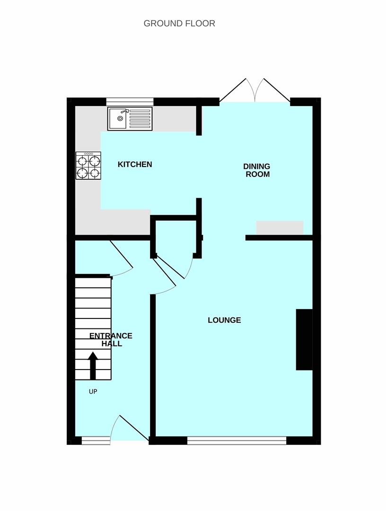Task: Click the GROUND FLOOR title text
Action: point(179,24)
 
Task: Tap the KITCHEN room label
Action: point(135,164)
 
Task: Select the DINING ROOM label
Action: point(257,170)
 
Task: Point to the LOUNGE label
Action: point(224,320)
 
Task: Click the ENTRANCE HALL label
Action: point(111,340)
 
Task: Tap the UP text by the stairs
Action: point(93,391)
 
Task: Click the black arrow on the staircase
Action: point(93,366)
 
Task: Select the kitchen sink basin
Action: point(118,118)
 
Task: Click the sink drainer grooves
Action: point(141,119)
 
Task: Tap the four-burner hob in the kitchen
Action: point(88,166)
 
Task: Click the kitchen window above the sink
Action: point(130,102)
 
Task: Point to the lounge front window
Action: point(237,441)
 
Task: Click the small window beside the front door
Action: point(96,441)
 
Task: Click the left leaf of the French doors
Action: point(233,90)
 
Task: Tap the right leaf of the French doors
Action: point(277,90)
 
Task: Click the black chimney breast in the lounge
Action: point(304,340)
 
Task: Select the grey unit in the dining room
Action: point(280,228)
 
